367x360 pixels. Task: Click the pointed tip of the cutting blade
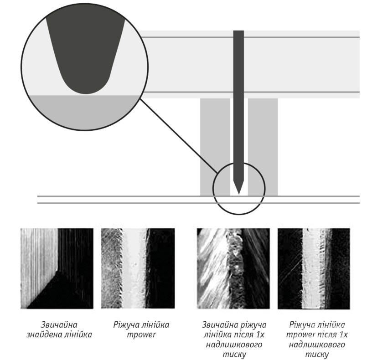(x=238, y=194)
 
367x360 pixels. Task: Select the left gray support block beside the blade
(x=215, y=147)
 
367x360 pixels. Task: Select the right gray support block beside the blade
(x=263, y=147)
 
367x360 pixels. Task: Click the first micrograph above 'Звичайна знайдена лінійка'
(x=57, y=268)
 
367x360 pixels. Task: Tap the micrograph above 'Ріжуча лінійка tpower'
(x=138, y=268)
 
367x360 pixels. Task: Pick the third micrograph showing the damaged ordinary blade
(x=233, y=268)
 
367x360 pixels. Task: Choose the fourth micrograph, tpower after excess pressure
(x=314, y=268)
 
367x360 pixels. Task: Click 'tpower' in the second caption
(x=141, y=335)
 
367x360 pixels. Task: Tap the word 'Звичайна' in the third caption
(x=218, y=324)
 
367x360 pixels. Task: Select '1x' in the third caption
(x=259, y=335)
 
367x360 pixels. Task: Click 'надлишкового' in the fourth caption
(x=317, y=345)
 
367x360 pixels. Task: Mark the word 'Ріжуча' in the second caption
(x=126, y=324)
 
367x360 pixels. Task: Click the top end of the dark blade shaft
(x=238, y=31)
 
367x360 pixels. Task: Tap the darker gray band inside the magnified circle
(x=85, y=112)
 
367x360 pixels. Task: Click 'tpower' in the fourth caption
(x=300, y=335)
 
